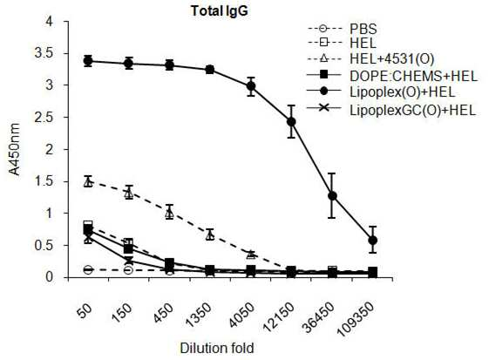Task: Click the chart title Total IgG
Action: pyautogui.click(x=220, y=11)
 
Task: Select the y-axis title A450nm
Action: pyautogui.click(x=14, y=149)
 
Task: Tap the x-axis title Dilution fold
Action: pyautogui.click(x=217, y=348)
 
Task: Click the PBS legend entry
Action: pyautogui.click(x=343, y=29)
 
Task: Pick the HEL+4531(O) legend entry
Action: pyautogui.click(x=370, y=59)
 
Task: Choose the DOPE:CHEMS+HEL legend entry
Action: pyautogui.click(x=392, y=75)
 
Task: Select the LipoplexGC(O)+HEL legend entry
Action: pyautogui.click(x=391, y=110)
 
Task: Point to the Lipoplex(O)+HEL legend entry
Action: pyautogui.click(x=381, y=92)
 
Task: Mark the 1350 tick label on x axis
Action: pyautogui.click(x=199, y=315)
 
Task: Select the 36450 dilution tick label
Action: pyautogui.click(x=318, y=316)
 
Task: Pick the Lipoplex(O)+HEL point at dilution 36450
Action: pyautogui.click(x=332, y=196)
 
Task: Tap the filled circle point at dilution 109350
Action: pyautogui.click(x=373, y=241)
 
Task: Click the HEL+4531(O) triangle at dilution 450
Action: pyautogui.click(x=169, y=214)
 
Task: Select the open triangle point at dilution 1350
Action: pyautogui.click(x=210, y=235)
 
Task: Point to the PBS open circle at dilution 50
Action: pyautogui.click(x=88, y=269)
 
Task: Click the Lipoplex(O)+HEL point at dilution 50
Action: pyautogui.click(x=88, y=61)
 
